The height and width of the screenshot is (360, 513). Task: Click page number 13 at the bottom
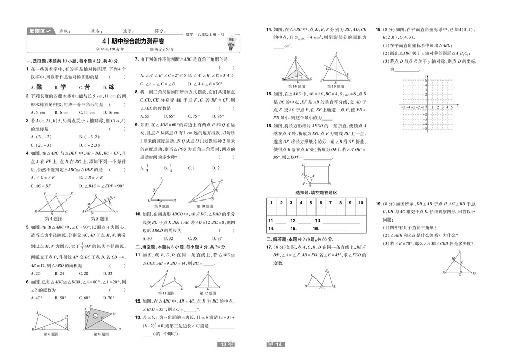tap(223, 344)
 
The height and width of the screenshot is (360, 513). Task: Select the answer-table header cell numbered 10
tap(360, 203)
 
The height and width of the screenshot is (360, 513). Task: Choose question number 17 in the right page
tap(269, 247)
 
